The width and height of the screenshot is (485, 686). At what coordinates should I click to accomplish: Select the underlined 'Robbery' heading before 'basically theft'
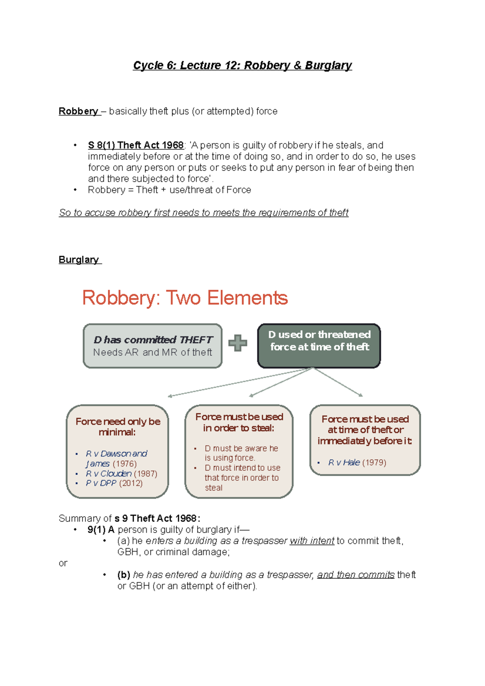tap(78, 111)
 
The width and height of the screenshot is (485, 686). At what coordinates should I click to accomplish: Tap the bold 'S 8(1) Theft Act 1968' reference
tap(136, 145)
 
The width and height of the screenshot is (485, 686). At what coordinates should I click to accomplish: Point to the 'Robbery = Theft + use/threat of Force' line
tap(169, 190)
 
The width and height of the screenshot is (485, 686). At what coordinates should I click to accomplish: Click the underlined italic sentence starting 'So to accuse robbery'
tap(203, 213)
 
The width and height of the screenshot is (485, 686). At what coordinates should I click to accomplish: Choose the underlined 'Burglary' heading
tap(79, 259)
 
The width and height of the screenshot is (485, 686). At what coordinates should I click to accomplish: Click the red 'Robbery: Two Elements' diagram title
tap(185, 298)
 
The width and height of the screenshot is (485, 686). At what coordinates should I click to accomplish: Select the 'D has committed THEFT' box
tap(153, 345)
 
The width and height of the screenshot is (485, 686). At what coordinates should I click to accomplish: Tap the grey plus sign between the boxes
tap(238, 343)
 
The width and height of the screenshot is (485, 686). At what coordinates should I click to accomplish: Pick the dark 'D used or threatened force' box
tap(319, 345)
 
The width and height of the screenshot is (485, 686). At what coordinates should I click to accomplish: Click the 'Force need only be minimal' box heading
tap(118, 427)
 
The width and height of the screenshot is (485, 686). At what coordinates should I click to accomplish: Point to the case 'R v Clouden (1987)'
tap(121, 473)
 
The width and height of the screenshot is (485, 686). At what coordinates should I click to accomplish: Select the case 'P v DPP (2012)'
tap(114, 483)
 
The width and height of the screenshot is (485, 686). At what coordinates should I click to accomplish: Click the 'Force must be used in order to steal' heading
tap(239, 422)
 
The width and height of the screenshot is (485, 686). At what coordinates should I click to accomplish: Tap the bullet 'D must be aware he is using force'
tap(241, 453)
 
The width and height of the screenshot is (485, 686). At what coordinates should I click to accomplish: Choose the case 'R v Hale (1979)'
tap(357, 463)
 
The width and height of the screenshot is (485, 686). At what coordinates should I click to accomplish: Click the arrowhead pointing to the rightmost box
tap(361, 395)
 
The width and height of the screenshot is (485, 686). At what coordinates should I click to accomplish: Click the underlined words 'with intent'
tap(312, 541)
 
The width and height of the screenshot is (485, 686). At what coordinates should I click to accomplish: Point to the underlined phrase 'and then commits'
tap(356, 574)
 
